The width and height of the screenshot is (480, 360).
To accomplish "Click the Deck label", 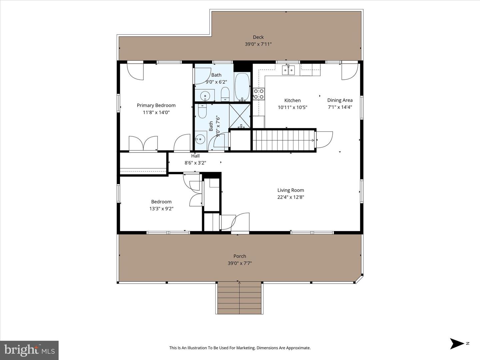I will pyautogui.click(x=258, y=37).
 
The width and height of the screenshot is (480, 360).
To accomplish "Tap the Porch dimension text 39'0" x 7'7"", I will pyautogui.click(x=239, y=263).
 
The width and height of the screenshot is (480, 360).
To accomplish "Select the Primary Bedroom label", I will pyautogui.click(x=156, y=105).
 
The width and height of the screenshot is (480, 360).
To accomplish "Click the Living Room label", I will pyautogui.click(x=291, y=190).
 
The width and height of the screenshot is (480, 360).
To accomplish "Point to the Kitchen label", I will pyautogui.click(x=292, y=100).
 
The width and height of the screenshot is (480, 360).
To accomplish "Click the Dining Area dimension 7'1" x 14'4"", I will pyautogui.click(x=340, y=107).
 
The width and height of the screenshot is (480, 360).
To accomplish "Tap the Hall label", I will pyautogui.click(x=195, y=156).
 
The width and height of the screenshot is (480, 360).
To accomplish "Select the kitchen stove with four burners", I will pyautogui.click(x=259, y=94).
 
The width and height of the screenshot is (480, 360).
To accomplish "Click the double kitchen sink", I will pyautogui.click(x=288, y=70).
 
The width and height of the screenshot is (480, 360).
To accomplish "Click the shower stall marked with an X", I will pyautogui.click(x=240, y=116).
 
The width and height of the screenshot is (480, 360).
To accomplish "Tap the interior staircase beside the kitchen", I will pyautogui.click(x=283, y=140).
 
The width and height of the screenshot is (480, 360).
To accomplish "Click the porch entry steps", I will pyautogui.click(x=239, y=297).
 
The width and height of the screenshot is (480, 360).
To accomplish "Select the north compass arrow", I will pyautogui.click(x=457, y=343).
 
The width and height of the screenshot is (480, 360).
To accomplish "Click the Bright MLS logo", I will pyautogui.click(x=29, y=350).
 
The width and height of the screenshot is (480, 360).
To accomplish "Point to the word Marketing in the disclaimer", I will pyautogui.click(x=243, y=348).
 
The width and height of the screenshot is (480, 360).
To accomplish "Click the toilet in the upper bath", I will pyautogui.click(x=225, y=94).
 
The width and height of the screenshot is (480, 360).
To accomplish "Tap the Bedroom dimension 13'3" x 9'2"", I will pyautogui.click(x=161, y=209).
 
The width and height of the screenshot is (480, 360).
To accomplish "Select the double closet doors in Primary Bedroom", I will pyautogui.click(x=143, y=143).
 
